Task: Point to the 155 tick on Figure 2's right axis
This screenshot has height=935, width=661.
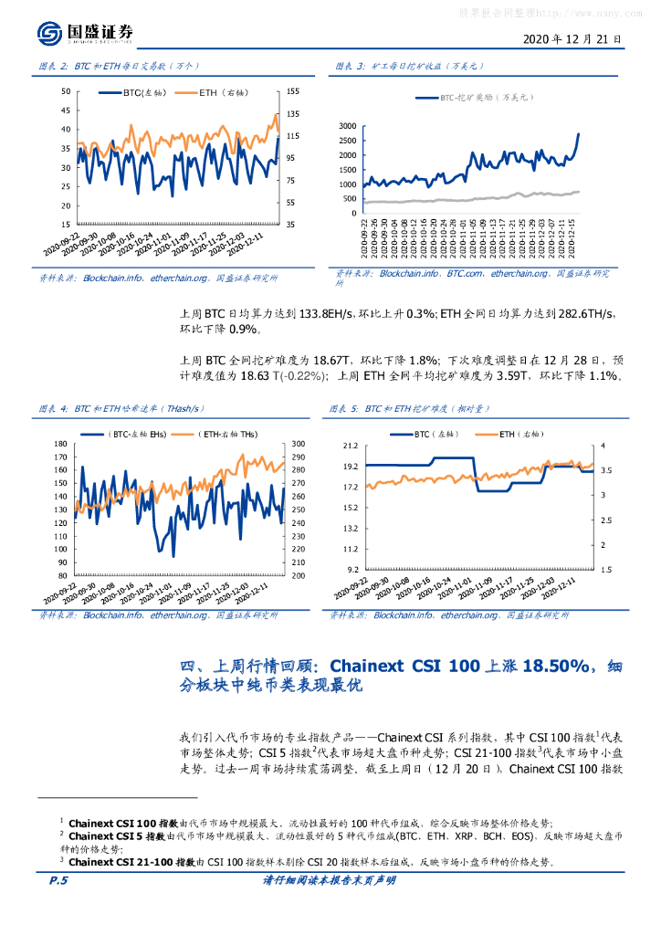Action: (293, 91)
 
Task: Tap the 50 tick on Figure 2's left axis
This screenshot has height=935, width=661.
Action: (65, 91)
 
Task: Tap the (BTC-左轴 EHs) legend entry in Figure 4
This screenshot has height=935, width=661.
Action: (138, 434)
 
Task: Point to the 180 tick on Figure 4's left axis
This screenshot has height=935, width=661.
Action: (62, 444)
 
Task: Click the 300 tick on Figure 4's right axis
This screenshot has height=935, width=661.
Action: (298, 444)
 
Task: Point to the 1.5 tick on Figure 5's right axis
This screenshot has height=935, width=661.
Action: (603, 569)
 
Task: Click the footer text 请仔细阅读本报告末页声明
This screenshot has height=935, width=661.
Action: (329, 881)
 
